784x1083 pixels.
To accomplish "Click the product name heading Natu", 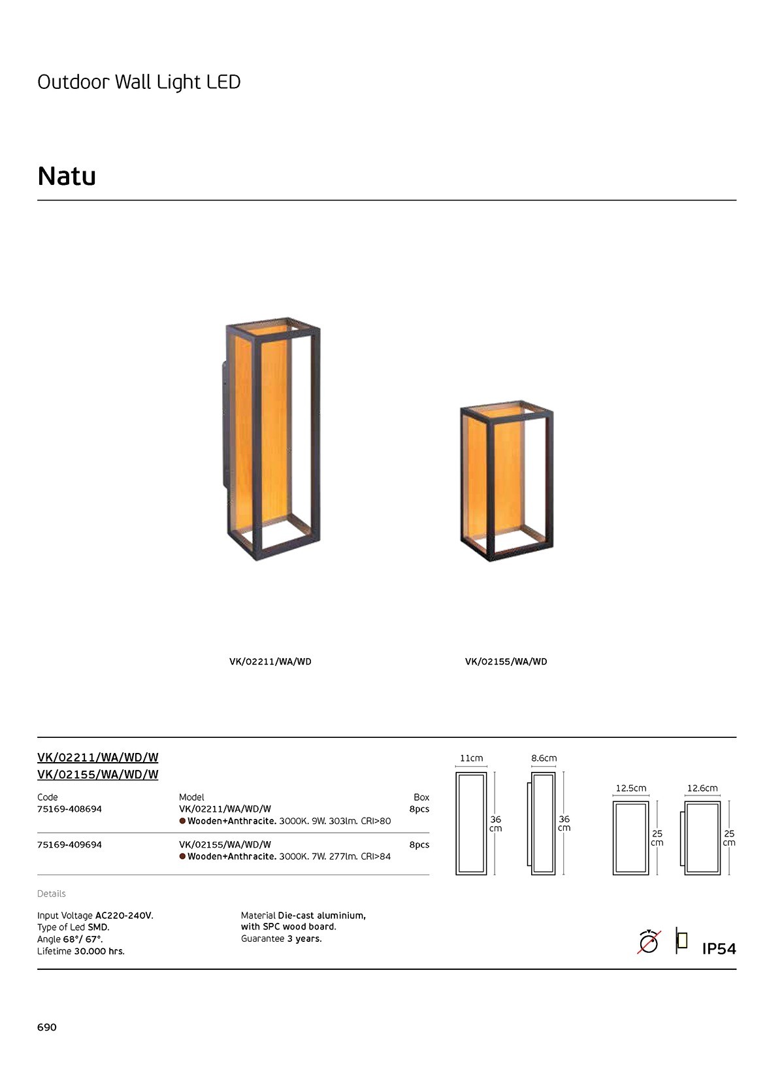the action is (x=67, y=176).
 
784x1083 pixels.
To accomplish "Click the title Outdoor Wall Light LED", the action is (x=139, y=82).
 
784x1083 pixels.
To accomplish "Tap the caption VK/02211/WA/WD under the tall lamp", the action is (x=270, y=661).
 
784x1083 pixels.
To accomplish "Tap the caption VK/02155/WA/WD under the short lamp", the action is (x=506, y=661).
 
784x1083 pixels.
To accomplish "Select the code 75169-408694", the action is (x=70, y=809).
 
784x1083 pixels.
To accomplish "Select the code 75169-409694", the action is (x=70, y=844).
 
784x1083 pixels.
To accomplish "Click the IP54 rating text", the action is (x=719, y=949).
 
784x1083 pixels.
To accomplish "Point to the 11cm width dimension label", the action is (x=471, y=758).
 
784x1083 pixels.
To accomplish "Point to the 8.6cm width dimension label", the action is (x=544, y=758).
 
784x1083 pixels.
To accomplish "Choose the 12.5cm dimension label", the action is (x=630, y=788).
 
